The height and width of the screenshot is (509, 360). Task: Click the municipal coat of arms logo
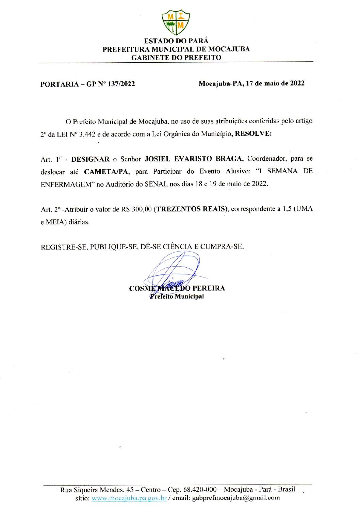coord(176,22)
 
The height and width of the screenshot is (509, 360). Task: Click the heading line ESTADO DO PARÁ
coord(176,41)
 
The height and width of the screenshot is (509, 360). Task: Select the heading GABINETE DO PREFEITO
coord(176,58)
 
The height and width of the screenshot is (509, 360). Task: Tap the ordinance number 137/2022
coord(121,84)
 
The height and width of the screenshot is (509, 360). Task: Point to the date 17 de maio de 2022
coord(275,83)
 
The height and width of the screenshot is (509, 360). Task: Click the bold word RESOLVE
coord(253,133)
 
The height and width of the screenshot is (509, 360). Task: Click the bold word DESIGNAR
coord(90,159)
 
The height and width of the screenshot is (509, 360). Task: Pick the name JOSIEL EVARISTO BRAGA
coord(194,159)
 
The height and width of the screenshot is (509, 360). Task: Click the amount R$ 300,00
coord(136,209)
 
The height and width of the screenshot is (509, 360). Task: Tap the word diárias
coord(79,222)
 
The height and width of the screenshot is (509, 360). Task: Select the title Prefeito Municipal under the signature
coord(177,297)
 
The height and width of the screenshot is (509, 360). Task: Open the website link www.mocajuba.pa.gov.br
coord(129,498)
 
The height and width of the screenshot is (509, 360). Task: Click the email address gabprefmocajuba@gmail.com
coord(236,498)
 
